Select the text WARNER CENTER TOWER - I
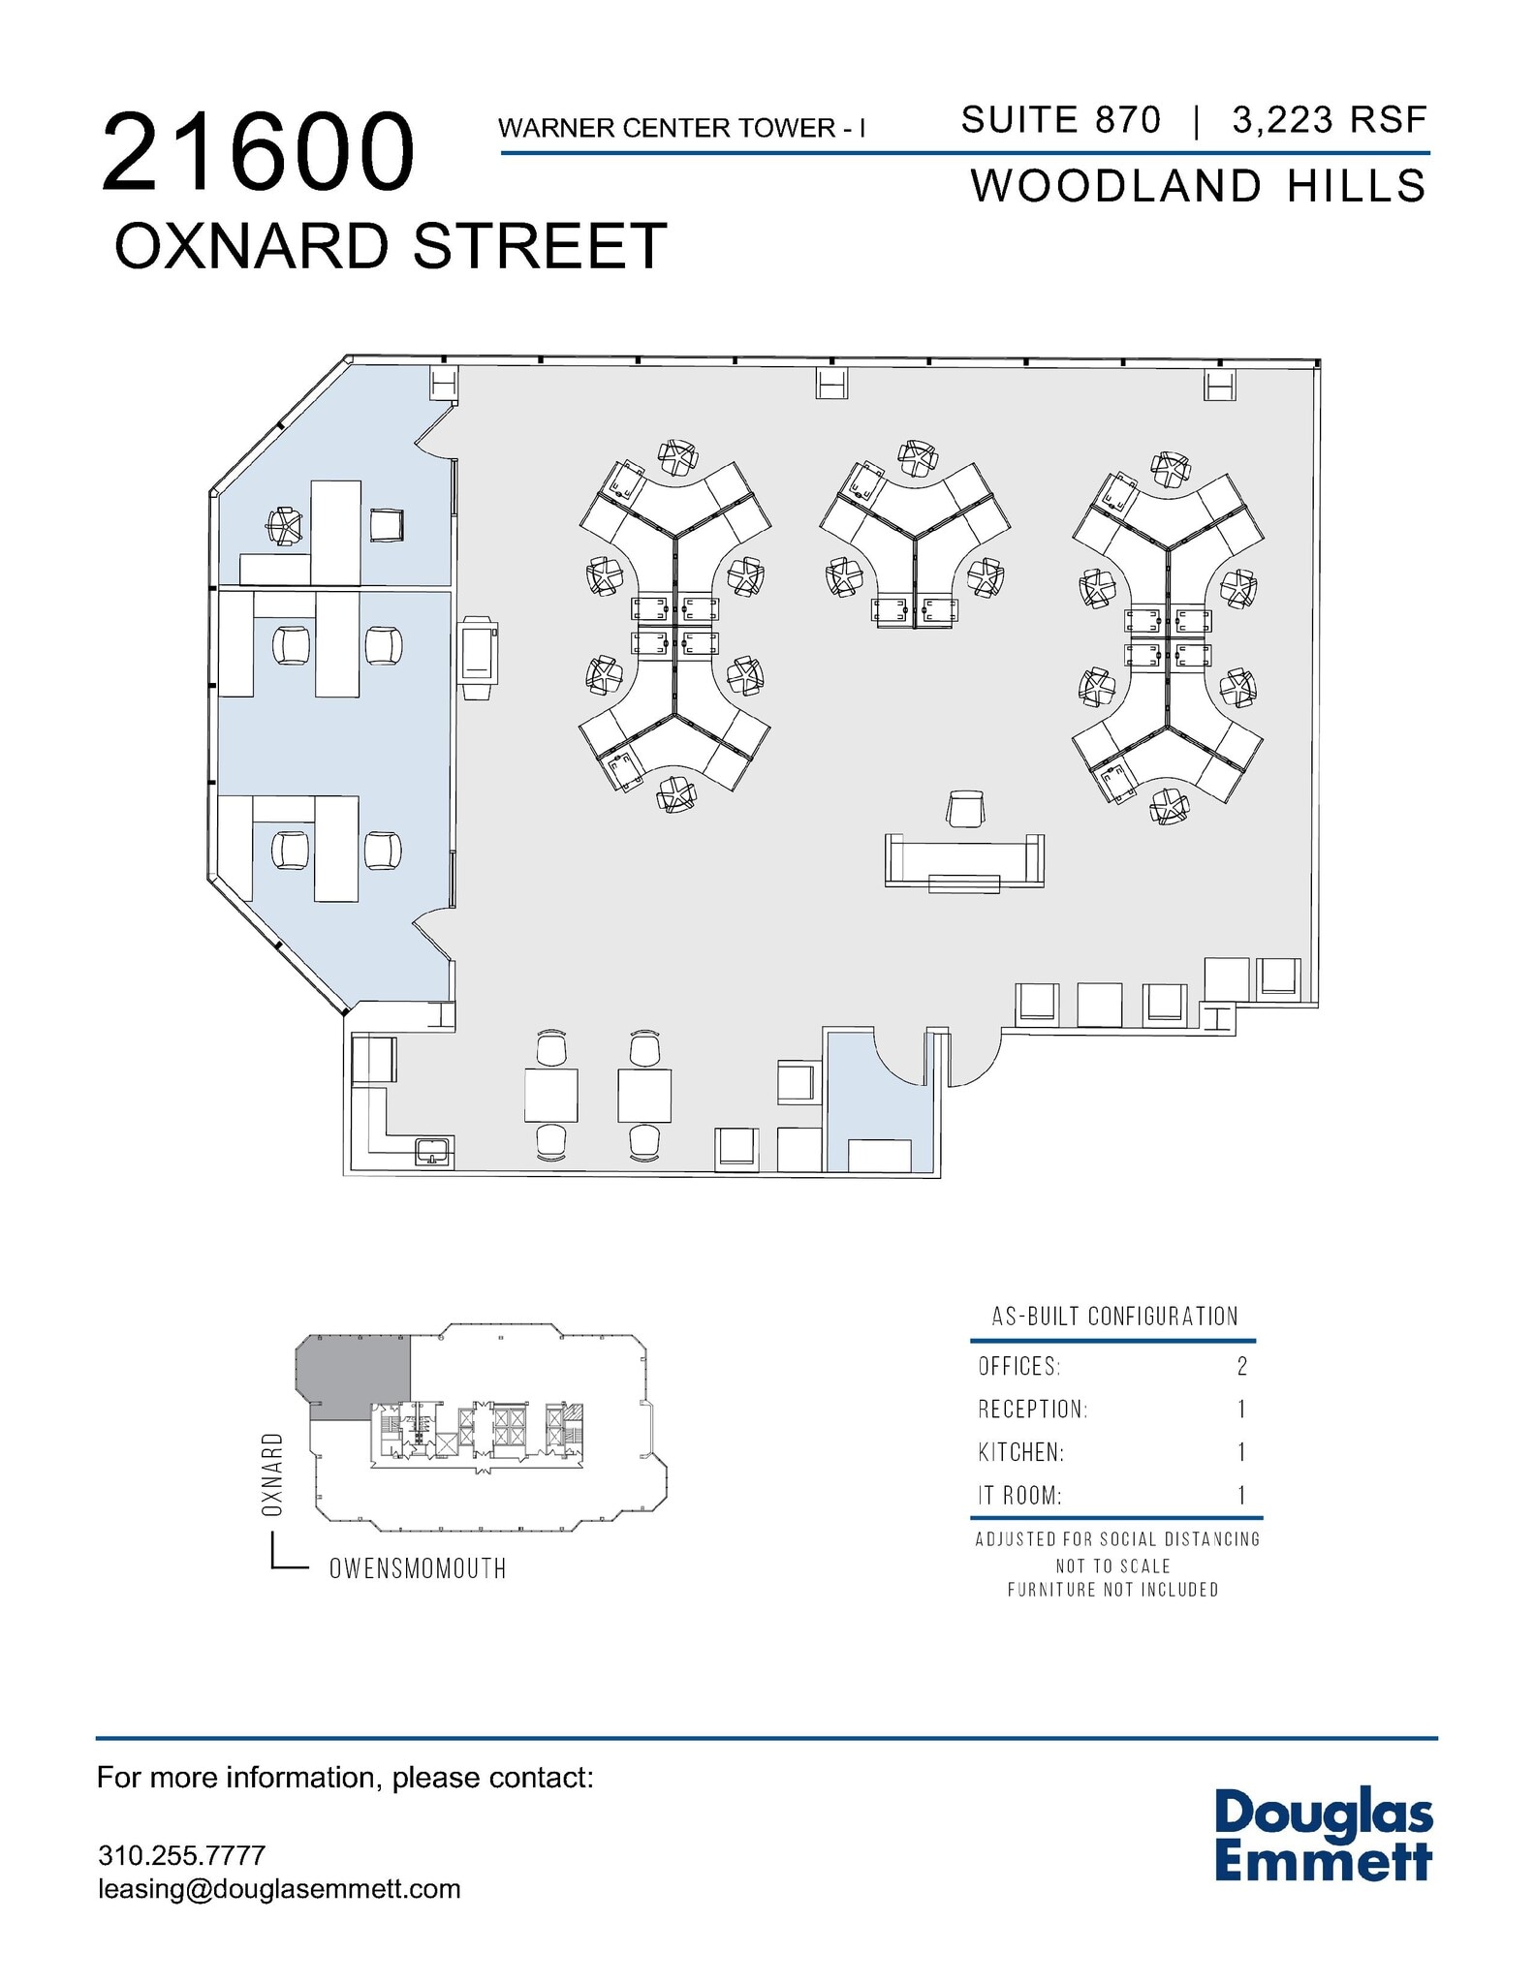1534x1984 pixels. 681,128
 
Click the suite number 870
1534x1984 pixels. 1127,120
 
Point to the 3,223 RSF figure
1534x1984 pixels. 1330,120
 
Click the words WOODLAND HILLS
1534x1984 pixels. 1199,186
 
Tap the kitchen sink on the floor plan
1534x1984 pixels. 432,1153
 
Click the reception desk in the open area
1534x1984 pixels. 964,861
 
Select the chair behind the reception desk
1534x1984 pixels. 965,809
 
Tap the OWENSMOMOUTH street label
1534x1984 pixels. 418,1568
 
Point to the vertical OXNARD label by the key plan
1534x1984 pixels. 272,1474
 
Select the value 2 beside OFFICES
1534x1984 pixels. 1241,1366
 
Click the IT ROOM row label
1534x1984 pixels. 1019,1495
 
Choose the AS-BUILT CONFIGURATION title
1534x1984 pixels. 1114,1317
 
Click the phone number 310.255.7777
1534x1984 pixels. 181,1855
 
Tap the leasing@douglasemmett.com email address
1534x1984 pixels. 279,1889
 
